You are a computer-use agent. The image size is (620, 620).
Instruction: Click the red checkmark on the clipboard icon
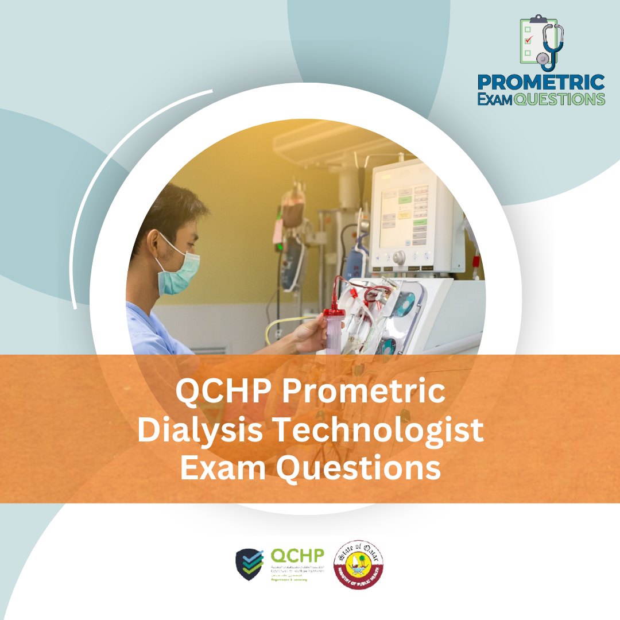[529, 40]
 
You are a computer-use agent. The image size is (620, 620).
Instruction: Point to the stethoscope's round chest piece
[542, 58]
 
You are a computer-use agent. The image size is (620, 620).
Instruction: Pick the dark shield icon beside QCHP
[250, 564]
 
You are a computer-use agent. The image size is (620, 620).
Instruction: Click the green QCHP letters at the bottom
[297, 556]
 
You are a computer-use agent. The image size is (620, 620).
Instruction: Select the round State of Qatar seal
[359, 564]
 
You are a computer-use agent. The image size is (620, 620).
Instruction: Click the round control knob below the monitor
[398, 257]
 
